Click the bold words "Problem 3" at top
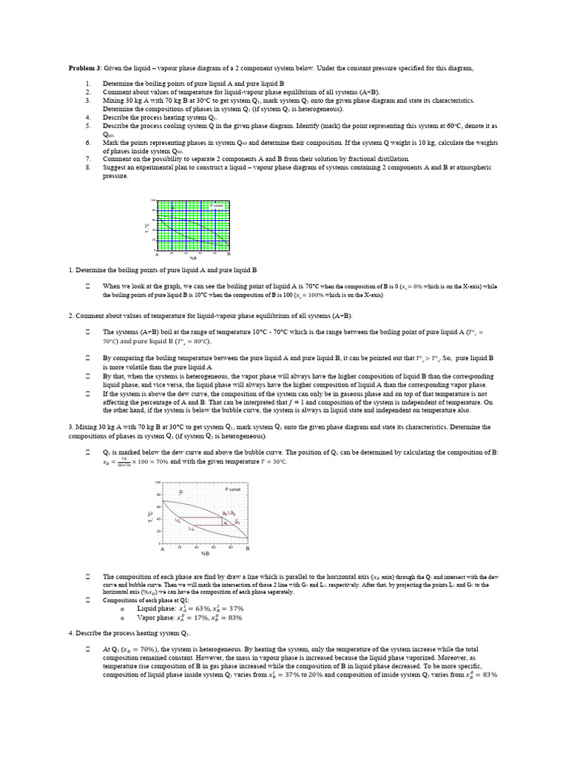[84, 68]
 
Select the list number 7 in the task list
[88, 159]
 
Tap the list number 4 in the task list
[88, 117]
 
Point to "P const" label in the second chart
[232, 489]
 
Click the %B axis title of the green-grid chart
[193, 258]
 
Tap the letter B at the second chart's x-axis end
[248, 549]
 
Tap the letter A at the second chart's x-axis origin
[163, 549]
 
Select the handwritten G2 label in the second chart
[237, 522]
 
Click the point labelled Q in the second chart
[181, 492]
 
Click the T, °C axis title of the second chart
[150, 514]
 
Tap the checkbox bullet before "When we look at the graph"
[87, 285]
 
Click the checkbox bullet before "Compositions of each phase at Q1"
[87, 600]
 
